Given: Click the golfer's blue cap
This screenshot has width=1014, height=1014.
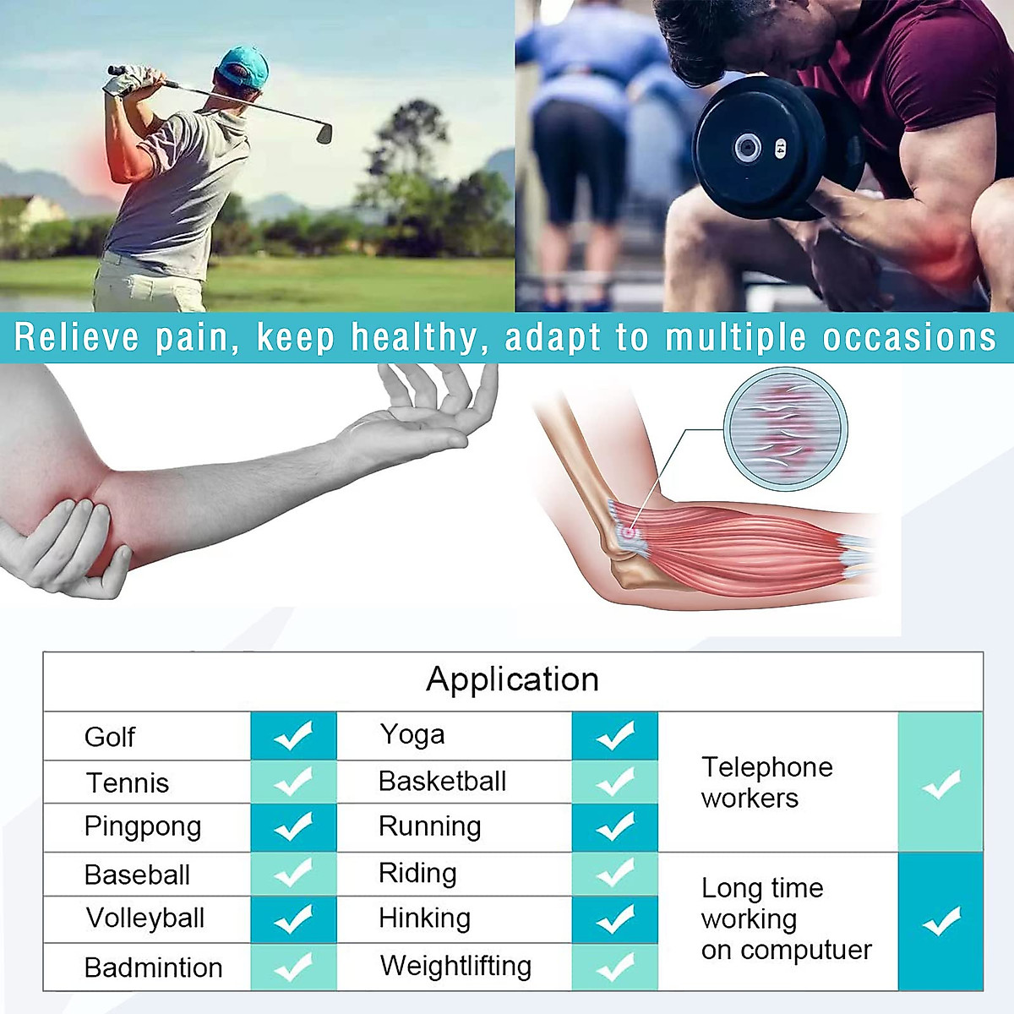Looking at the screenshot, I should coord(243,66).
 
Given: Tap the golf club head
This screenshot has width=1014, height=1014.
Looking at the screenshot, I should coord(324,133).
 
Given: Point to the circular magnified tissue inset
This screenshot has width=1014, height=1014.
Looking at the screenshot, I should coord(786,428).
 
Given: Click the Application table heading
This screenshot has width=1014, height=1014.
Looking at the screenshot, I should coord(512,679).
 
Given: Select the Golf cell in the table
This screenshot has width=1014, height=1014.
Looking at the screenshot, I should coord(110,737).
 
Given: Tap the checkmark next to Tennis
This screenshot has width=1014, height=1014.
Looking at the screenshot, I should coord(293,782).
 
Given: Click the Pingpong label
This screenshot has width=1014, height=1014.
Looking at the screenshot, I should coord(143,826).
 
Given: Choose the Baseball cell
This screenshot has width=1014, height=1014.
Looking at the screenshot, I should coord(137,875).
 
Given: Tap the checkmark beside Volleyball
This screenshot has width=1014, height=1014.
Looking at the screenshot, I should coord(293,919).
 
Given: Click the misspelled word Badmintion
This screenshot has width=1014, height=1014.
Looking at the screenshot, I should coord(153,968).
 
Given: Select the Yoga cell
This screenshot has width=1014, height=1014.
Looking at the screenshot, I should coord(412,735).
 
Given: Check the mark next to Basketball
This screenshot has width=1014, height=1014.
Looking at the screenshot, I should coord(614,782).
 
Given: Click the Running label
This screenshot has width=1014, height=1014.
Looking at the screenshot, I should coord(429,826).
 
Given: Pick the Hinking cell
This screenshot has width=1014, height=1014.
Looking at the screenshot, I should coord(424,919).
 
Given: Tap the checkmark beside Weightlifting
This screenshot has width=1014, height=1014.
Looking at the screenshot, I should coord(614,967).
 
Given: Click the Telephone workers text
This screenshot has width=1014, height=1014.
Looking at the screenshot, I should coord(766,782).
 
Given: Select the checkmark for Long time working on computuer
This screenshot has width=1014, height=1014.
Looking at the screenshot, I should coord(940,921).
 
